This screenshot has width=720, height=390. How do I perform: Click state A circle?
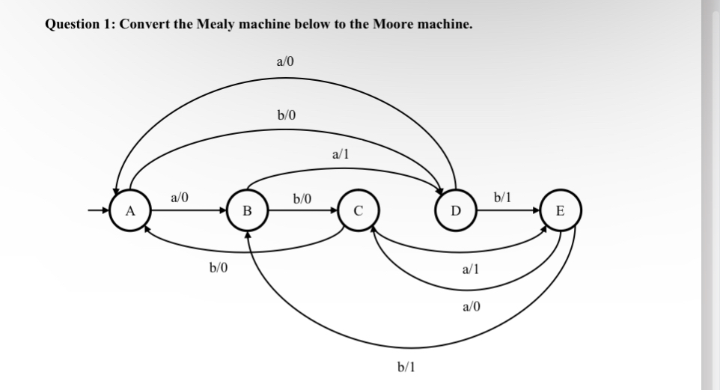coord(129,210)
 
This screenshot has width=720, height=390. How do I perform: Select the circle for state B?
coord(245,210)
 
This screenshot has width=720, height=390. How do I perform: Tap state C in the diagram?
coord(358,210)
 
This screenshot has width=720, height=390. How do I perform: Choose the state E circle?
coord(560,210)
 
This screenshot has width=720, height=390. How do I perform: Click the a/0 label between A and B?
coord(180,198)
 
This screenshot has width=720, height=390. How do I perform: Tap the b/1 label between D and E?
coord(503,198)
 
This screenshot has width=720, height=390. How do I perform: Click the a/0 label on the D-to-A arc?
coord(285,62)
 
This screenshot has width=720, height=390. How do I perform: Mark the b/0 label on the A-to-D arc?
coord(287,115)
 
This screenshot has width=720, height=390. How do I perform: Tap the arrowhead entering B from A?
coord(223,210)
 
